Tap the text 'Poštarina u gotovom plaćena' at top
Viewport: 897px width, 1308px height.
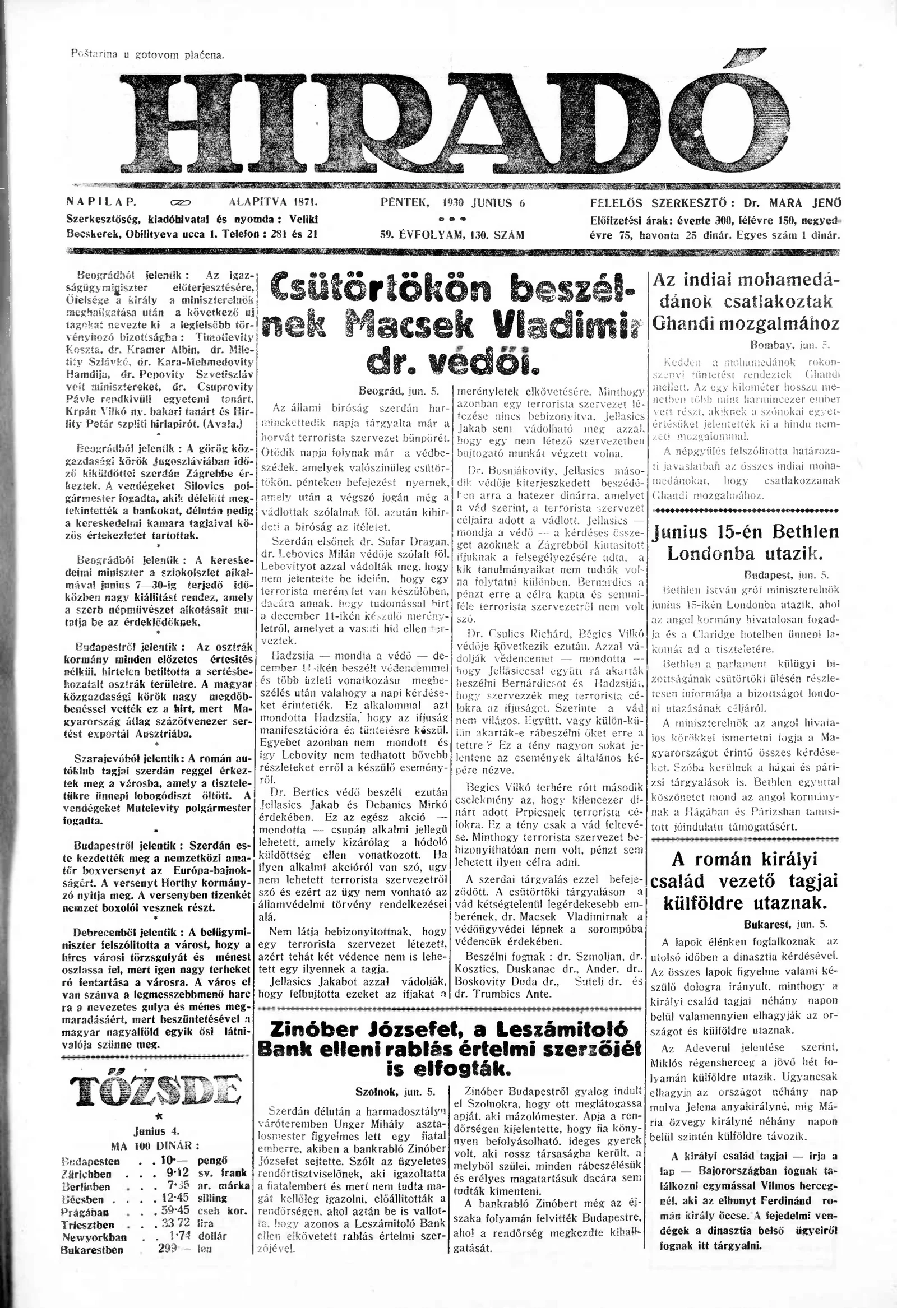(x=147, y=54)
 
